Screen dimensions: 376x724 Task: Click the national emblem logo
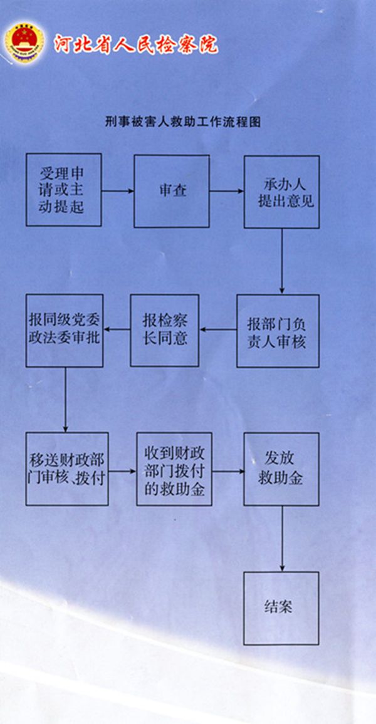point(25,43)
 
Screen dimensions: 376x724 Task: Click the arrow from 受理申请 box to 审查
point(118,190)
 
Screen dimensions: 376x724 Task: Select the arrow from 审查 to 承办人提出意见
point(227,190)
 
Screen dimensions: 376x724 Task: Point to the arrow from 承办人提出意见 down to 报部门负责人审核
point(282,261)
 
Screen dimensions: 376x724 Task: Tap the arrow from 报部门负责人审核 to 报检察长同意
point(218,329)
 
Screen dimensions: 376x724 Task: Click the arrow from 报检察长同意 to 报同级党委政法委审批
point(117,329)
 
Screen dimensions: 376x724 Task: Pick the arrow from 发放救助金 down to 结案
point(282,539)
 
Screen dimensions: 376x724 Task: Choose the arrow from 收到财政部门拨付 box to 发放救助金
point(228,472)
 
